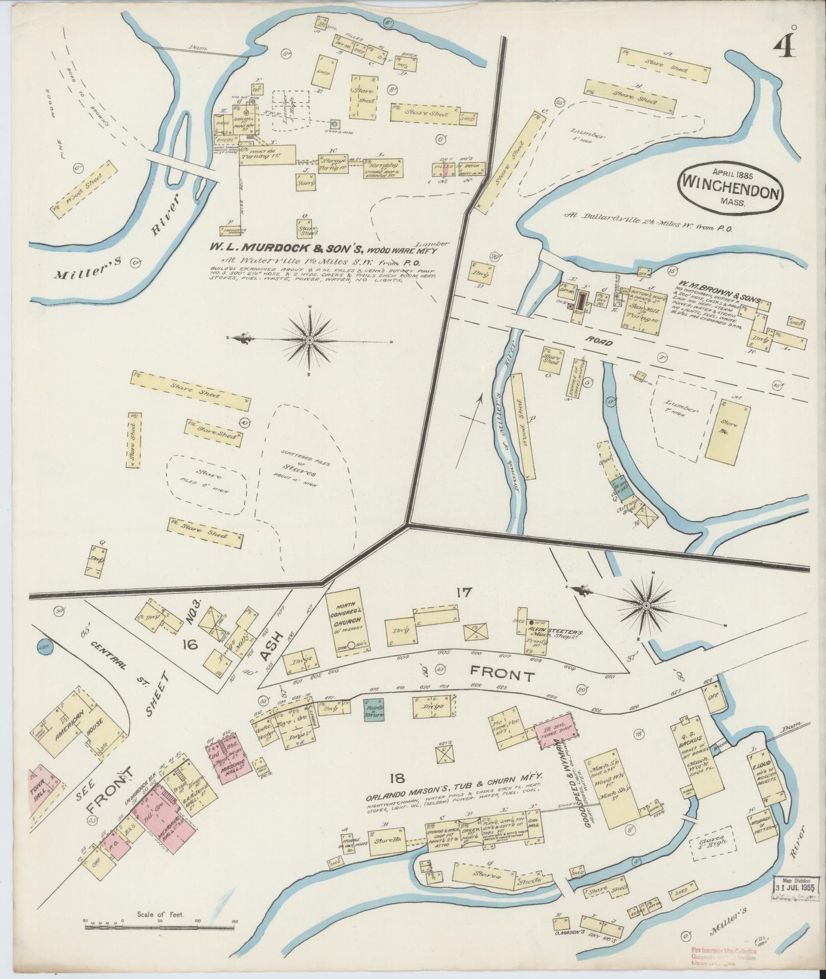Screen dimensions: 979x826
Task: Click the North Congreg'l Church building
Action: [347, 620]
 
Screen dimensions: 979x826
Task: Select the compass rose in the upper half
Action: [309, 340]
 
